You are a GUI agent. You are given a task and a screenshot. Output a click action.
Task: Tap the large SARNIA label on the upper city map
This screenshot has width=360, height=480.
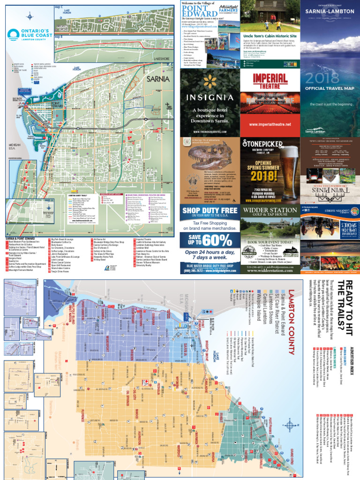pyautogui.click(x=157, y=79)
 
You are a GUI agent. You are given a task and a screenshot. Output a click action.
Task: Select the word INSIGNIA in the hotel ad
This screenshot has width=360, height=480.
pyautogui.click(x=210, y=97)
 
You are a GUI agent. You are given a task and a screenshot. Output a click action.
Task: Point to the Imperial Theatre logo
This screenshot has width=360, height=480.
pyautogui.click(x=270, y=80)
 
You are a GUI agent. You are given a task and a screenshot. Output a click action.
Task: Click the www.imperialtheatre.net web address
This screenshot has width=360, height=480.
pyautogui.click(x=270, y=124)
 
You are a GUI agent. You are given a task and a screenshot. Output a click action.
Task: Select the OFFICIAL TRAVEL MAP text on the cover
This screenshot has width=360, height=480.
pyautogui.click(x=330, y=88)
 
